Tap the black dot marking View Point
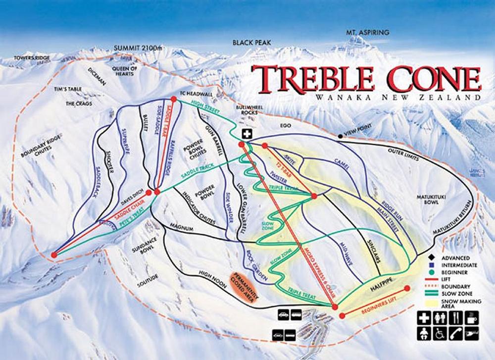point(340,136)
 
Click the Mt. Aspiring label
point(368,33)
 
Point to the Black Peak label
point(252,43)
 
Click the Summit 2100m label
point(138,48)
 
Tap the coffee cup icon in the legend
point(471,317)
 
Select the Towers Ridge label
point(32,58)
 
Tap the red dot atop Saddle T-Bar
point(174,100)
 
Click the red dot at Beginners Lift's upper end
point(407,288)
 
